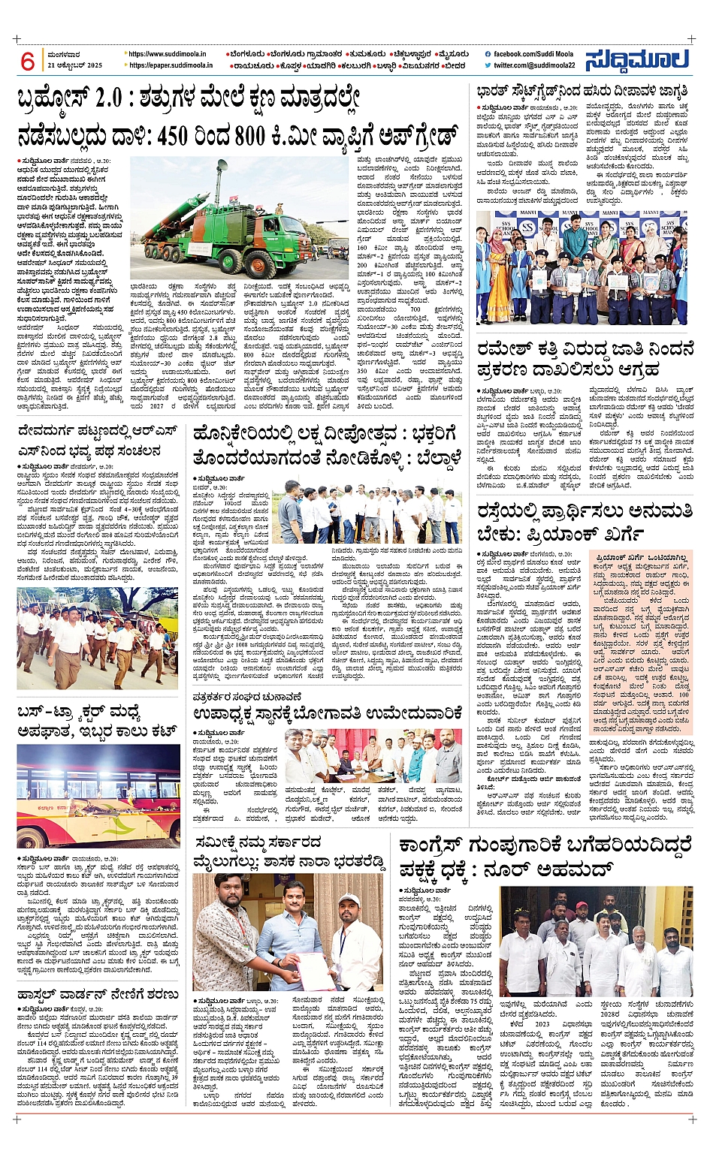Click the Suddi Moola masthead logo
pyautogui.click(x=637, y=59)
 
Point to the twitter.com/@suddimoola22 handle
pyautogui.click(x=534, y=65)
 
